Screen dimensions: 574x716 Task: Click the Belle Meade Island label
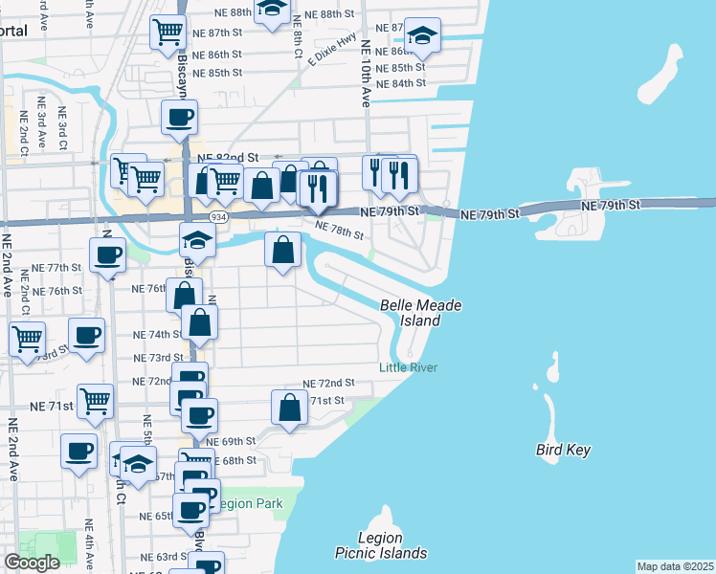[421, 313]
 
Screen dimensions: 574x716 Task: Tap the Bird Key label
[563, 450]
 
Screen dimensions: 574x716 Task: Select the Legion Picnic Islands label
[380, 545]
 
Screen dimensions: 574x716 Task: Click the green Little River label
[408, 367]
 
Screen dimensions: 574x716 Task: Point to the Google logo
[32, 563]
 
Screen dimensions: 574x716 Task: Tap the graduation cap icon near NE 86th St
[422, 35]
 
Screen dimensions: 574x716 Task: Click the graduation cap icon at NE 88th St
[273, 9]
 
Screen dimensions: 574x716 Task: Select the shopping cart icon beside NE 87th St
[168, 31]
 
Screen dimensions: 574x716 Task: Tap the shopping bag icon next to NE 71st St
[289, 407]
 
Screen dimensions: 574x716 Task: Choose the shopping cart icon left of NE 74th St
[28, 337]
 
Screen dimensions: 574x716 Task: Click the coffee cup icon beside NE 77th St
[107, 254]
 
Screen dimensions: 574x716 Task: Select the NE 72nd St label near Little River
[328, 382]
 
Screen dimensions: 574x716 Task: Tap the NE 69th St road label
[236, 441]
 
